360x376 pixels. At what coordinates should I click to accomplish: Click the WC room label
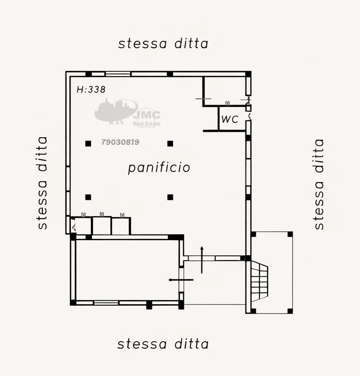click(230, 119)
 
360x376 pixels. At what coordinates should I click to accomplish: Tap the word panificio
click(159, 168)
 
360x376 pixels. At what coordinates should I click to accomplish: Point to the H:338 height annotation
click(91, 90)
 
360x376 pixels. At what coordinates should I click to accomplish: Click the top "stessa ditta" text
click(164, 44)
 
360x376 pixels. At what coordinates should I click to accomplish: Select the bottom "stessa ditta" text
click(163, 344)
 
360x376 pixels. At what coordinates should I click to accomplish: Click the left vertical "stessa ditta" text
click(42, 183)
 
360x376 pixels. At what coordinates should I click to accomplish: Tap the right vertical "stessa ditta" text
click(319, 184)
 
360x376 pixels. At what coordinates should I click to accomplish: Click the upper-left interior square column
click(88, 143)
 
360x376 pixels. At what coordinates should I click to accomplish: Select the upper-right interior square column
click(170, 143)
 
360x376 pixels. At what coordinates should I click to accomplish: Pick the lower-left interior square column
click(88, 197)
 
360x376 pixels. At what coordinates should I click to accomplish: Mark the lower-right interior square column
click(170, 197)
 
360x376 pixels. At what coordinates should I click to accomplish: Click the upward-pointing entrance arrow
click(202, 260)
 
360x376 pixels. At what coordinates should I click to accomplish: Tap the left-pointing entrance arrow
click(181, 280)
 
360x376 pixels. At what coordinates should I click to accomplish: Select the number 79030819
click(120, 142)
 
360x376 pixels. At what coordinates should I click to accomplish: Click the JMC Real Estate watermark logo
click(127, 112)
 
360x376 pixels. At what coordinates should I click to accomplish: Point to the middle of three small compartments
click(102, 226)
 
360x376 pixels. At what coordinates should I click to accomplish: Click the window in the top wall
click(118, 74)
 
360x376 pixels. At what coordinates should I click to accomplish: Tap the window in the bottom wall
click(106, 303)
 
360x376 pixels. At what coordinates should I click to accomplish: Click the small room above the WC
click(224, 91)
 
